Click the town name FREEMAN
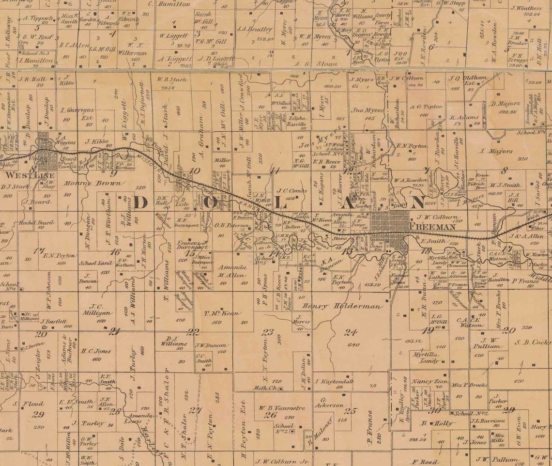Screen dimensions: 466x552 click(432, 227)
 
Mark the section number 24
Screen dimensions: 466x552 click(348, 332)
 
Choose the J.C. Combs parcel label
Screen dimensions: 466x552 click(292, 190)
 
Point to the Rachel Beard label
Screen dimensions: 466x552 click(36, 223)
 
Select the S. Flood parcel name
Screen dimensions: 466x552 click(28, 403)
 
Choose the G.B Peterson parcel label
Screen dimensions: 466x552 click(229, 225)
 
